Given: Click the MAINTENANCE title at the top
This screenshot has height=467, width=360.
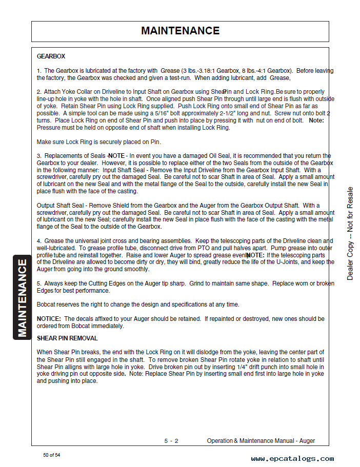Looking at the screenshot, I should click(x=180, y=31).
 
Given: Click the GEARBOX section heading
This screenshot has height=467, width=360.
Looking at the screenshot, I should click(x=51, y=56).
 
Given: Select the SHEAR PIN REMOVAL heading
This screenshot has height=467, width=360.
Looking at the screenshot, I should click(x=67, y=338).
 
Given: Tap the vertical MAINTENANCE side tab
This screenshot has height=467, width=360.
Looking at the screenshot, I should click(x=22, y=298).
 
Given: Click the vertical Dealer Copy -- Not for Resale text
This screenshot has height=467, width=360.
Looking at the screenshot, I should click(x=350, y=233).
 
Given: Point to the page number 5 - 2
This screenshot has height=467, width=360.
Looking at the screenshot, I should click(x=171, y=441).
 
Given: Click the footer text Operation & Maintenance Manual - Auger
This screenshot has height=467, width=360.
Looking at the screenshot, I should click(x=261, y=441).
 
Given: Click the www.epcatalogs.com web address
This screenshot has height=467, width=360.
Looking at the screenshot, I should click(x=292, y=459).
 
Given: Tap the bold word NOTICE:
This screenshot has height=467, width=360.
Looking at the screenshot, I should click(x=49, y=319).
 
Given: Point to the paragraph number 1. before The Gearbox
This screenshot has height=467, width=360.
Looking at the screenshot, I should click(x=39, y=71).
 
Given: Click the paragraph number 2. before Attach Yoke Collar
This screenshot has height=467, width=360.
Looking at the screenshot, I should click(x=39, y=92).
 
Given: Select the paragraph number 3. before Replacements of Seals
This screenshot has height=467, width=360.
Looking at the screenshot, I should click(x=39, y=156).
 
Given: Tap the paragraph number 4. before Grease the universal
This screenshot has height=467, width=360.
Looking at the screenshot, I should click(x=39, y=241).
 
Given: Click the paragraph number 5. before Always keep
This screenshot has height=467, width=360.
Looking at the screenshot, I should click(x=39, y=283).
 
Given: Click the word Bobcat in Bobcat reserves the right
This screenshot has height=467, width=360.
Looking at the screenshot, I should click(x=46, y=304).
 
